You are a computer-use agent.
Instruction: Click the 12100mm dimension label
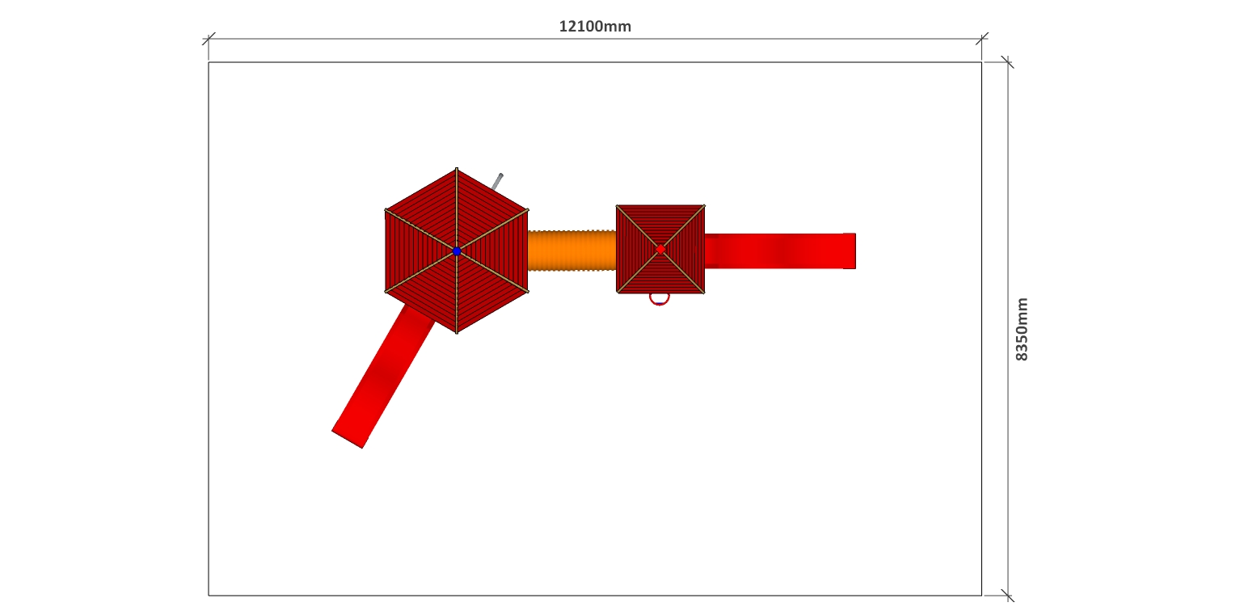coord(594,26)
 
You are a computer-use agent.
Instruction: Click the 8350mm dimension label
coord(1021,329)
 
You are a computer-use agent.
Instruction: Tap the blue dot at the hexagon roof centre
coord(457,251)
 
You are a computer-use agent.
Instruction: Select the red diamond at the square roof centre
coord(660,250)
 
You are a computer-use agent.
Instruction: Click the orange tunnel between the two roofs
coord(571,251)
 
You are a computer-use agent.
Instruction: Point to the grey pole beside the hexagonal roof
coord(496,182)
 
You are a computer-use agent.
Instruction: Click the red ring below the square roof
coord(660,299)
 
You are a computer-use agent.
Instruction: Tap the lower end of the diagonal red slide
coord(347,438)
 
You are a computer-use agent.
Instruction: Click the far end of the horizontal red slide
coord(855,251)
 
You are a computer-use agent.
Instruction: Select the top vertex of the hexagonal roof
coord(457,168)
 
